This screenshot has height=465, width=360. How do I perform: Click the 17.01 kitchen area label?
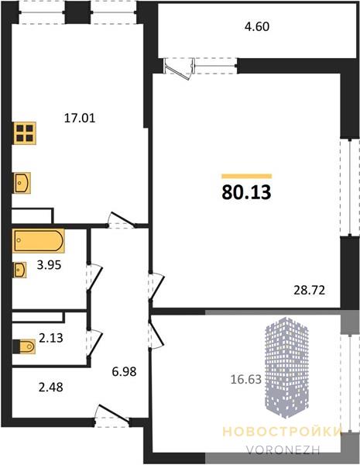coord(80,119)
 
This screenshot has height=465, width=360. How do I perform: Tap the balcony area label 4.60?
coord(257,26)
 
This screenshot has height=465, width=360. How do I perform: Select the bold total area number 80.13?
coord(246,192)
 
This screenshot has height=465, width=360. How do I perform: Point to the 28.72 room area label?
coord(310,290)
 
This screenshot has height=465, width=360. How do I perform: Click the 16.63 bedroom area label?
coord(246,379)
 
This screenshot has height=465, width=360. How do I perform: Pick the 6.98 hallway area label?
coord(124,371)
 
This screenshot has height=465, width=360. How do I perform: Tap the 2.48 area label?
coord(51,387)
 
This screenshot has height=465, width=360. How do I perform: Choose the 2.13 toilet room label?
coord(51,338)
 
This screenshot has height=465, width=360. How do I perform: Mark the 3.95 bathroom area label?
coord(50,264)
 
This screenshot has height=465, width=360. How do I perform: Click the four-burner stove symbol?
coord(25,133)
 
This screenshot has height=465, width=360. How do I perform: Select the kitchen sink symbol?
coord(22,183)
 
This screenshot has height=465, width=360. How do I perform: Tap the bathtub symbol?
coord(39,241)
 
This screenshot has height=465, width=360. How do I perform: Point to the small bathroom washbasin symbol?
coord(19,270)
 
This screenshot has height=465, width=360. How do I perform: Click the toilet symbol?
coord(24,346)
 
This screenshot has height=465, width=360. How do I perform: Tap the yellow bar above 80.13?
coord(246,176)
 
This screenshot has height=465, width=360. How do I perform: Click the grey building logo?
coord(286,367)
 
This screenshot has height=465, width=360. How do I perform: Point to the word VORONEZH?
coord(283,450)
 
